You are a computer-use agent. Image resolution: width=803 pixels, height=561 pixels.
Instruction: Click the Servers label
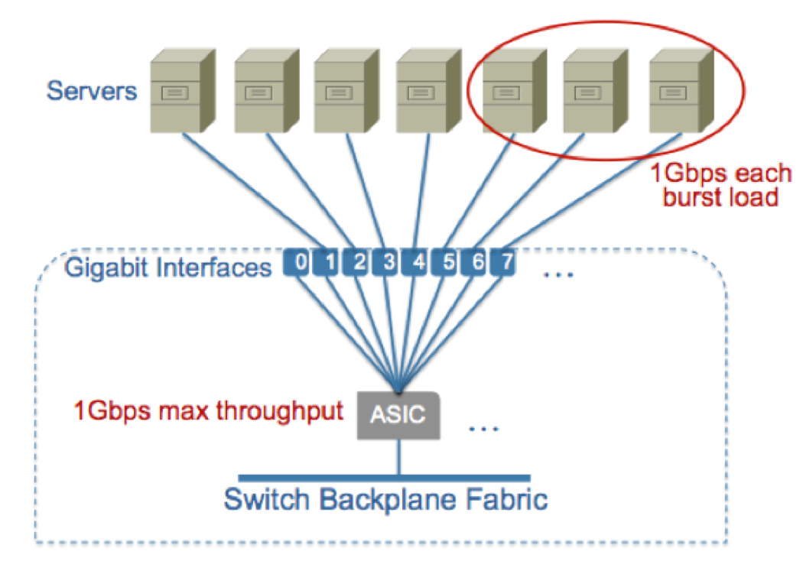click(92, 90)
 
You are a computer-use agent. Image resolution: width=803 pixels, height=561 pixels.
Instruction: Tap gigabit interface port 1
click(330, 263)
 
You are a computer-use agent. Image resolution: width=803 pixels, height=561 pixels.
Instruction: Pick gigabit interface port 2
click(359, 263)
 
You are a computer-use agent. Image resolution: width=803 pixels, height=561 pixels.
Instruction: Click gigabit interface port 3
click(388, 263)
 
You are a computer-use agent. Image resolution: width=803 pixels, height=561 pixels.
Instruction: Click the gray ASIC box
click(398, 416)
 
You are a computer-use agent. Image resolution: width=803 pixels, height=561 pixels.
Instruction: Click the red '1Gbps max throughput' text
click(208, 411)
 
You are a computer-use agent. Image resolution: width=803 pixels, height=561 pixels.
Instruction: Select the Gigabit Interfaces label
click(168, 268)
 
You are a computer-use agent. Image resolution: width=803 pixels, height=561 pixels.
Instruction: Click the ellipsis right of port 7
click(558, 273)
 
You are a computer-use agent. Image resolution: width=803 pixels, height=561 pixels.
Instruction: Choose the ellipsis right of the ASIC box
click(483, 428)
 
